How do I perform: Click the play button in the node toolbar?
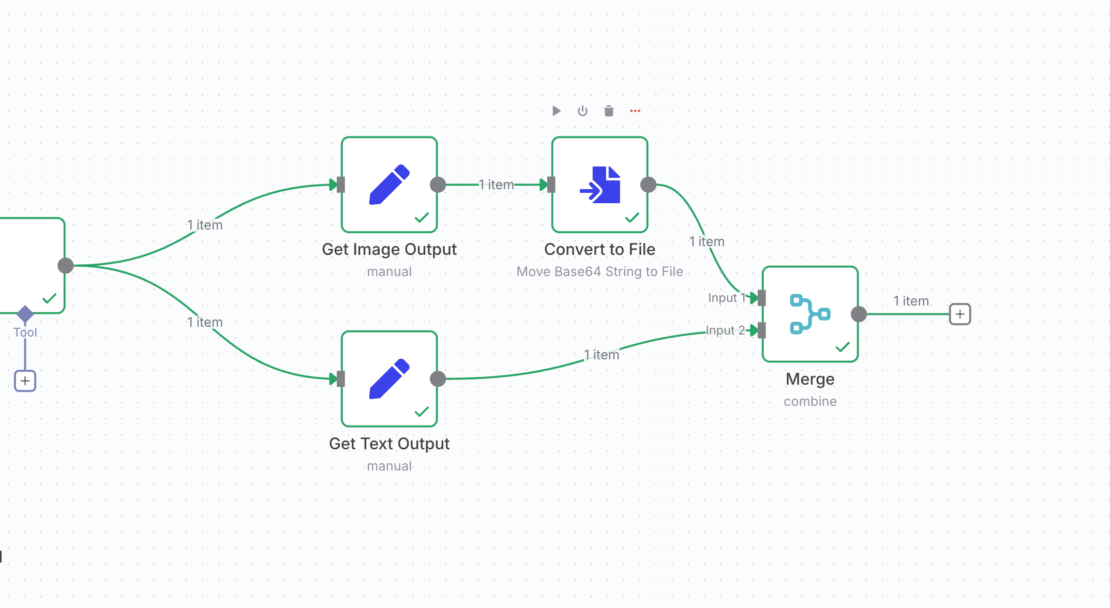click(x=557, y=111)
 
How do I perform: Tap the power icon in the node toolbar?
click(x=583, y=111)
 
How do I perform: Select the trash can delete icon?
click(x=609, y=111)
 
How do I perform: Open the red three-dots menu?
click(x=635, y=111)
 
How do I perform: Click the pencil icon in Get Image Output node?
click(x=389, y=185)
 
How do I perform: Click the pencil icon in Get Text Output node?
click(x=389, y=379)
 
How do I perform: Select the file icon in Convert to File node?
click(x=600, y=185)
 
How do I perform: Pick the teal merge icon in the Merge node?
click(x=810, y=314)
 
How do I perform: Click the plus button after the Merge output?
click(x=960, y=314)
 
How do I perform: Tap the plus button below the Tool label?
click(x=25, y=381)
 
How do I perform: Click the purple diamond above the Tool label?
click(x=25, y=313)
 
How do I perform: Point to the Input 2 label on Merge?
click(x=725, y=330)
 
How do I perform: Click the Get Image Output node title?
click(x=389, y=249)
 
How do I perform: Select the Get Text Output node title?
click(x=389, y=444)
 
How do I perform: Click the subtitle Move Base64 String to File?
click(x=600, y=271)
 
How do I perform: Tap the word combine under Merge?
click(x=810, y=401)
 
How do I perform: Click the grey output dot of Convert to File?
click(x=649, y=185)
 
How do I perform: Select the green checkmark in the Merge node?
click(x=843, y=347)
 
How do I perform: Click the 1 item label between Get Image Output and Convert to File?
click(x=497, y=185)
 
